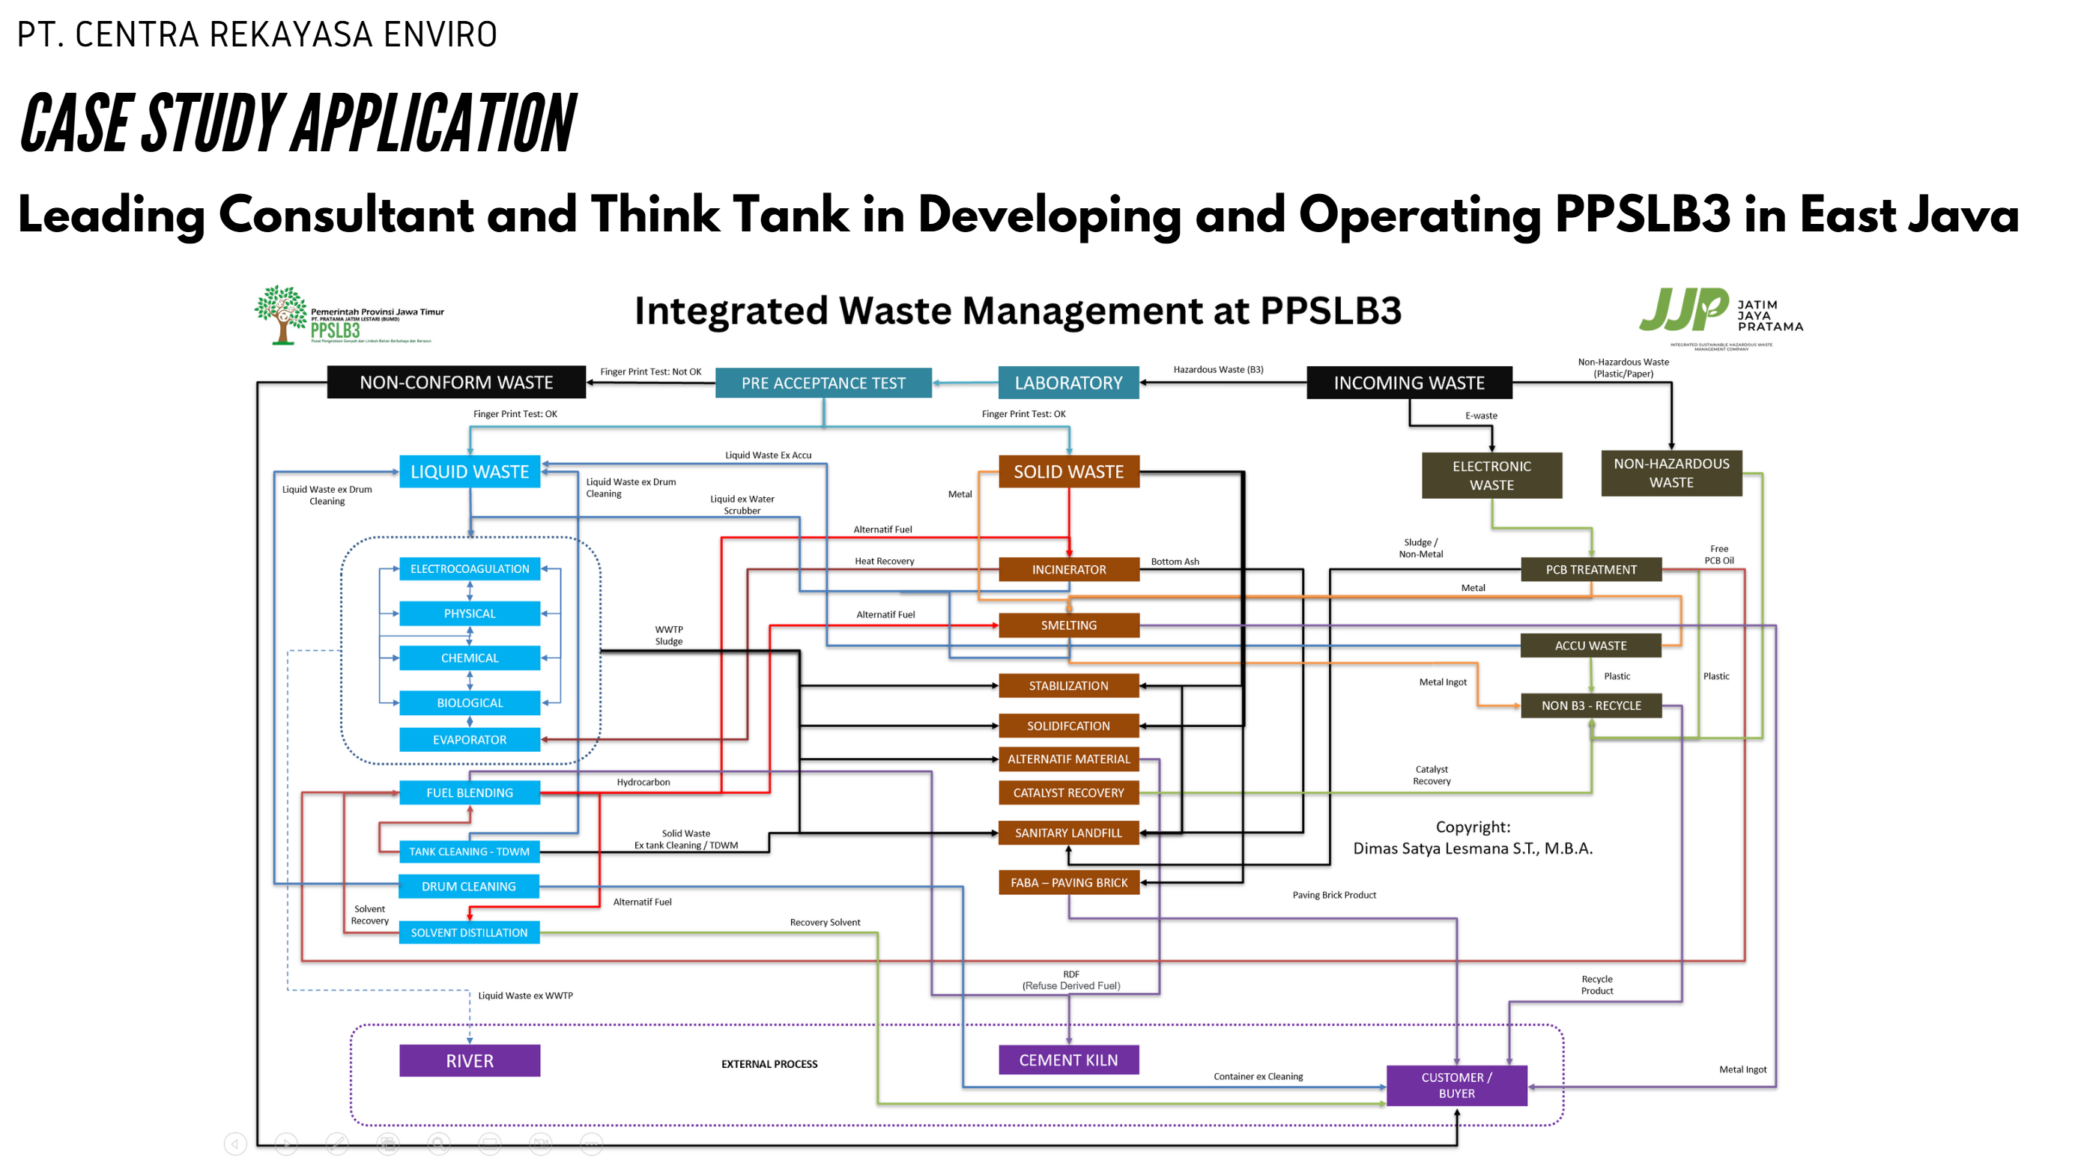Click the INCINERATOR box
pyautogui.click(x=1068, y=569)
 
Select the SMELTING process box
pyautogui.click(x=1068, y=625)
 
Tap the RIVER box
pyautogui.click(x=470, y=1061)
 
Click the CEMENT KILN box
pyautogui.click(x=1068, y=1060)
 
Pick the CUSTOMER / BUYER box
pyautogui.click(x=1456, y=1085)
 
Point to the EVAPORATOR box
pyautogui.click(x=470, y=740)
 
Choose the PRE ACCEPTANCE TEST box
pyautogui.click(x=823, y=383)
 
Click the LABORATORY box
pyautogui.click(x=1068, y=383)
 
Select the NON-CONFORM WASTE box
pyautogui.click(x=456, y=382)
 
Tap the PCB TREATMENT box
pyautogui.click(x=1591, y=569)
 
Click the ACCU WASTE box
pyautogui.click(x=1591, y=646)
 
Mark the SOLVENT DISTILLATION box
pyautogui.click(x=469, y=933)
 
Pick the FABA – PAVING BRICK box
pyautogui.click(x=1068, y=883)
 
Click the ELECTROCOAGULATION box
pyautogui.click(x=470, y=568)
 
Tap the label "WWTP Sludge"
pyautogui.click(x=668, y=635)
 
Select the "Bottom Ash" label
pyautogui.click(x=1175, y=562)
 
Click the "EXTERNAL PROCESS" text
pyautogui.click(x=769, y=1064)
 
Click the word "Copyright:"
pyautogui.click(x=1473, y=827)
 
